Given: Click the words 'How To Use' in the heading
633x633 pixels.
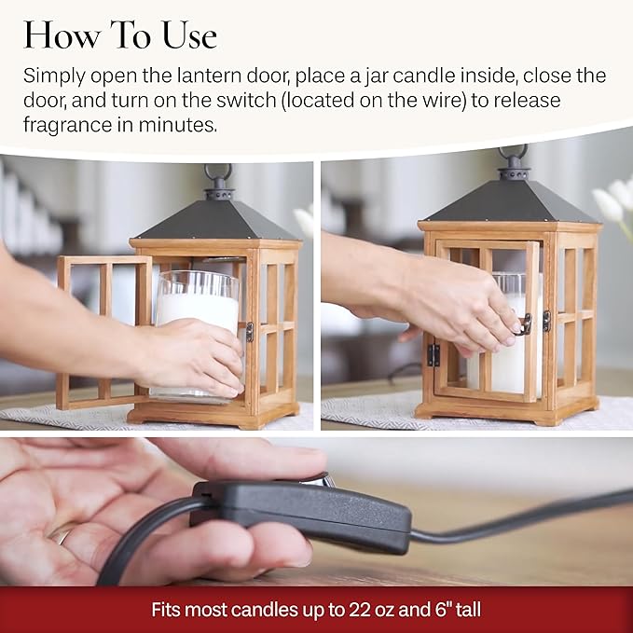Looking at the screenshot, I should tap(120, 35).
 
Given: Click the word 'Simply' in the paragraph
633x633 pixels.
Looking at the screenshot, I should tap(54, 76).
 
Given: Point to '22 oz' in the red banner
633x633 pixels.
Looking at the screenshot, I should tap(372, 611).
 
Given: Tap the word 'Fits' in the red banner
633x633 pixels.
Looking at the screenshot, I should tap(168, 611).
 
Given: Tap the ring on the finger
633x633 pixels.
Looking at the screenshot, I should tap(62, 536).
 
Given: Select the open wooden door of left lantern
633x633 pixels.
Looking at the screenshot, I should tap(103, 331).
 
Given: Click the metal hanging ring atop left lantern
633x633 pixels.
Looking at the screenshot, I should tap(218, 174).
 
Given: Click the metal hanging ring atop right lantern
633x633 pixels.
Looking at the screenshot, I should tap(511, 155).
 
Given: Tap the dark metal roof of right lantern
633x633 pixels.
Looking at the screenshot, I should tap(511, 203).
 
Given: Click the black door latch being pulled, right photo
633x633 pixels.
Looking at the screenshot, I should tap(525, 324).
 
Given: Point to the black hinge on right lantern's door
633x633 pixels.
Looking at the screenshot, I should tap(433, 354).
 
